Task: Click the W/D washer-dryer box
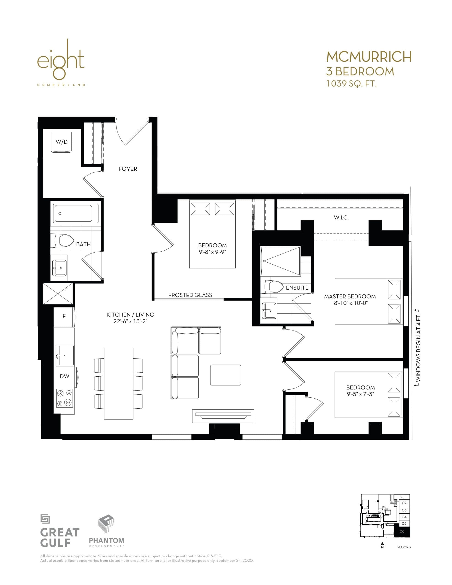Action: click(62, 142)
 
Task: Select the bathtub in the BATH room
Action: click(76, 213)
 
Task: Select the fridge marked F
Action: click(64, 316)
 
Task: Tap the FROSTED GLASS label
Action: click(190, 295)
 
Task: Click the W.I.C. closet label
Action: click(341, 218)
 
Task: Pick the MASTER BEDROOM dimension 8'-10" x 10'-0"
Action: click(350, 303)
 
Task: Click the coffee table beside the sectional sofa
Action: click(226, 375)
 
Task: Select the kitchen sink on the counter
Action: click(65, 355)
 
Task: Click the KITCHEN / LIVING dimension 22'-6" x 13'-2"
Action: click(130, 321)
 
